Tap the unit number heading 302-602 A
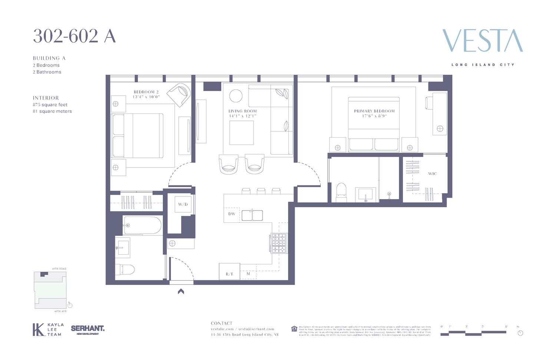(x=74, y=36)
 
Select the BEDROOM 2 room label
(x=146, y=92)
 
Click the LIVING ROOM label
(x=242, y=111)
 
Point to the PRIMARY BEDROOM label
(x=374, y=111)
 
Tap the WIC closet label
(x=432, y=174)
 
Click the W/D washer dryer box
(x=183, y=204)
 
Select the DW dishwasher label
(x=232, y=214)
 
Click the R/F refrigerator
(x=229, y=274)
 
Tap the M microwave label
(x=248, y=274)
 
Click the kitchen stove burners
(x=279, y=243)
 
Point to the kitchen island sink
(x=252, y=215)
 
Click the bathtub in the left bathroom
(x=142, y=225)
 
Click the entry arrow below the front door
(x=181, y=291)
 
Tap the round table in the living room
(x=236, y=96)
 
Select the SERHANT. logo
(x=87, y=329)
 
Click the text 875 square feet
(x=50, y=105)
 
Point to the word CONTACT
(x=221, y=323)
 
